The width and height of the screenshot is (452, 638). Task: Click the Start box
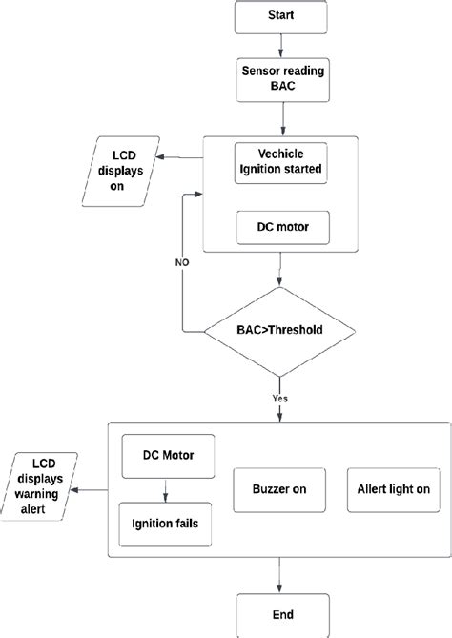(x=280, y=17)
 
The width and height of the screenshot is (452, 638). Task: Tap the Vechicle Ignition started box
(x=280, y=163)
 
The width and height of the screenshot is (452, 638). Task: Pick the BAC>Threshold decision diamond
(x=280, y=331)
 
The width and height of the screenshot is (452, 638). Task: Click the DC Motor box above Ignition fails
(x=168, y=454)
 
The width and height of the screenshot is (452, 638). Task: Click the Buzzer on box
(x=279, y=489)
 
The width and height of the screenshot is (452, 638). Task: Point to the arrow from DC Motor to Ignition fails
(x=168, y=487)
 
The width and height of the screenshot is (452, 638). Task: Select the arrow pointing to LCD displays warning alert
(x=92, y=489)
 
